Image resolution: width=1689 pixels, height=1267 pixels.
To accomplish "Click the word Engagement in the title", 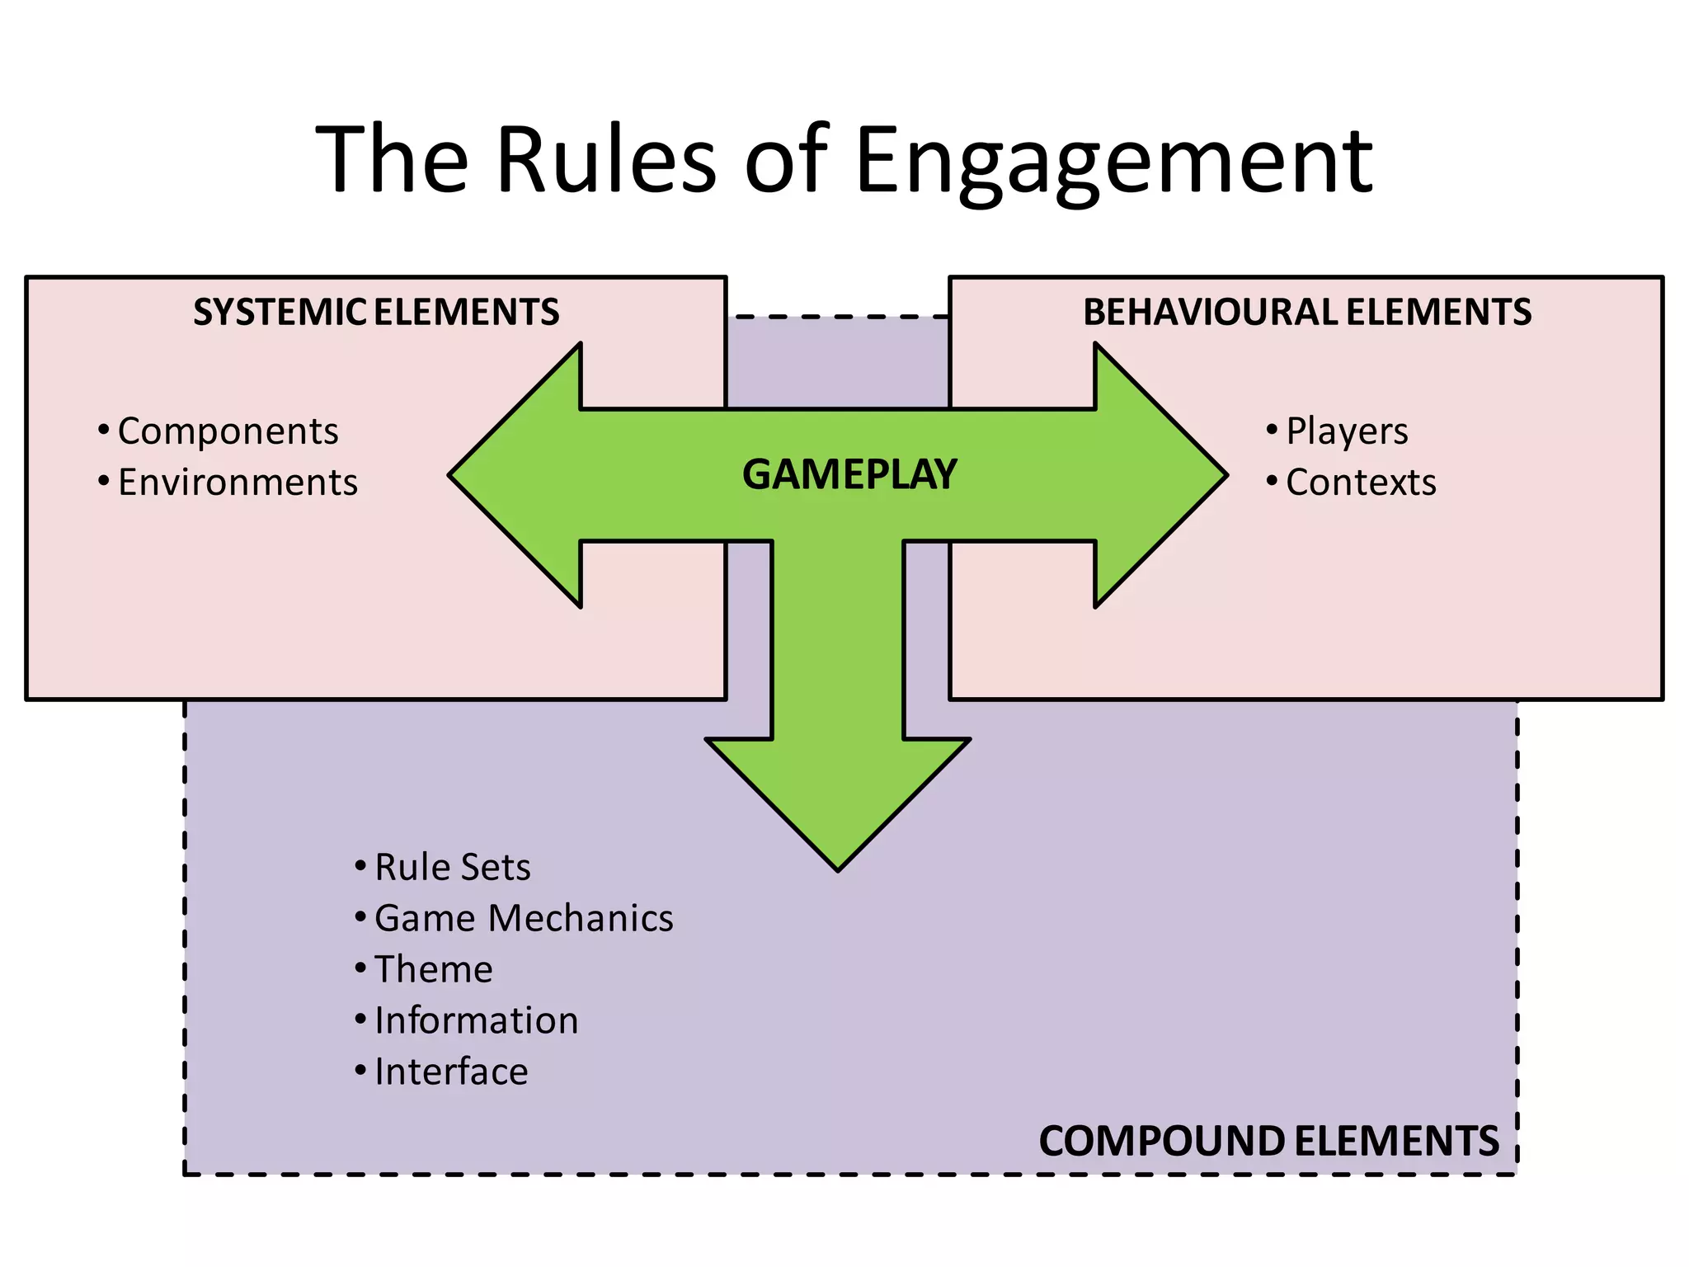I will [1113, 161].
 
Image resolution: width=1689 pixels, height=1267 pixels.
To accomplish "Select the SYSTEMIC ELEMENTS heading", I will [376, 313].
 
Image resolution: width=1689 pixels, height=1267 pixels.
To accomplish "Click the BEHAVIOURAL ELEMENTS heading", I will [1307, 313].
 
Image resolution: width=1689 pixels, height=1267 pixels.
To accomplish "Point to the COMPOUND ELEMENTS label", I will [1268, 1142].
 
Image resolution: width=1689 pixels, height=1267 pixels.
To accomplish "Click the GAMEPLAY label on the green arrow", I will [849, 475].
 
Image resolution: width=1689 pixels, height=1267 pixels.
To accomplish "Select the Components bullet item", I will [228, 431].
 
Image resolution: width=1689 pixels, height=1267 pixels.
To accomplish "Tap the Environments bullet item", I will [238, 483].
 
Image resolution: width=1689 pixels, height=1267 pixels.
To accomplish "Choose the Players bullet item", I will [1347, 431].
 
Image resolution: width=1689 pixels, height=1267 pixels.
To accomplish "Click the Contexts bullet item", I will [1361, 483].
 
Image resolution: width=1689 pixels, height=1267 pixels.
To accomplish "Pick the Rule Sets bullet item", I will [452, 868].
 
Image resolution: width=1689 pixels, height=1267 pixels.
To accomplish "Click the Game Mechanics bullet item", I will [524, 919].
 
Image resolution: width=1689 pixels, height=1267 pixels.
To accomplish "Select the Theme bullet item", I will [434, 970].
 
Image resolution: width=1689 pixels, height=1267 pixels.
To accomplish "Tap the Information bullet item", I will [477, 1021].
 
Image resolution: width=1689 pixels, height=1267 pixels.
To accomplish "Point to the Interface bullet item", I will [451, 1072].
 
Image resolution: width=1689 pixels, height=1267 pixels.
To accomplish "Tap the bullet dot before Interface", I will [360, 1071].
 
